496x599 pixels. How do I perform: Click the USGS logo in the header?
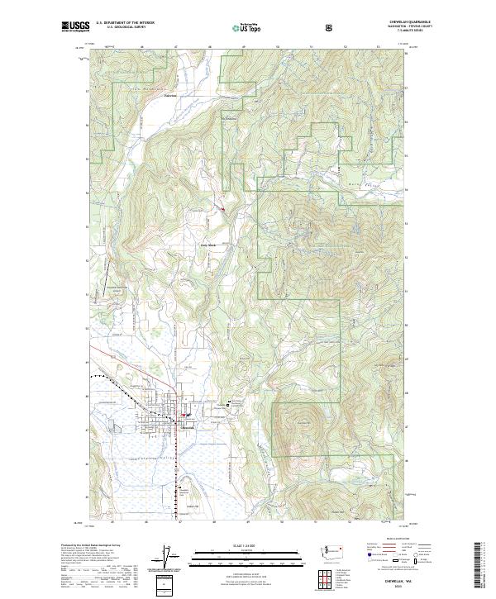tap(75, 26)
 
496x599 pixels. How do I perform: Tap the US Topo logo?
tap(249, 27)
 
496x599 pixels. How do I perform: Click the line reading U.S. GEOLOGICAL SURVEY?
tap(125, 27)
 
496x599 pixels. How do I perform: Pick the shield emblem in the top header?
tap(331, 26)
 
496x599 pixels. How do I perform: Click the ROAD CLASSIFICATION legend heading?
tap(393, 545)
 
